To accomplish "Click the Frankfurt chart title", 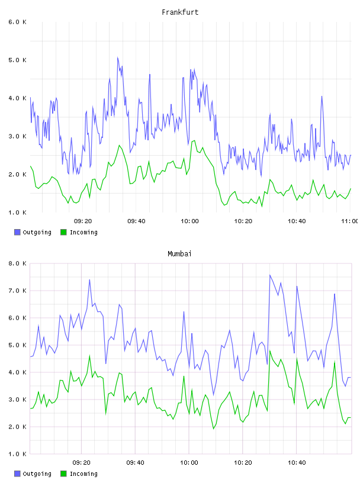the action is (180, 12).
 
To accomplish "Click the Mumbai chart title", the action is (179, 254).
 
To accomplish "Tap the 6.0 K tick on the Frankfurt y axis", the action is (17, 22).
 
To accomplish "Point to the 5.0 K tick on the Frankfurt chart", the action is (17, 60).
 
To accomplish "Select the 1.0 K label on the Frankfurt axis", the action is (17, 212).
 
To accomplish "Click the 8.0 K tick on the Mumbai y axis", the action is (17, 263).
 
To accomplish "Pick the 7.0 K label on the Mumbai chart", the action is (17, 291).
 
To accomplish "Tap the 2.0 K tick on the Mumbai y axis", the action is (17, 427).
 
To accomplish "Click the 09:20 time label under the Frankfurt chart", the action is (83, 221).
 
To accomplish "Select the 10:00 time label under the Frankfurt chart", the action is (189, 221).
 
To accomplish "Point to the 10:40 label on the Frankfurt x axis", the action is (297, 221).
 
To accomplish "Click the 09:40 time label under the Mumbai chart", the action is (136, 463).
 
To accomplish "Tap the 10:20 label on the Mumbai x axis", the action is (243, 463).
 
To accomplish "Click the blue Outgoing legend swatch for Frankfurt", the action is (17, 232).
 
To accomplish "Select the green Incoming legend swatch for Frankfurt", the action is (63, 232).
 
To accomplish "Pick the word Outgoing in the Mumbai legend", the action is (37, 474).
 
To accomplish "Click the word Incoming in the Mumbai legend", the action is (83, 474).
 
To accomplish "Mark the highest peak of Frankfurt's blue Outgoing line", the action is (117, 57).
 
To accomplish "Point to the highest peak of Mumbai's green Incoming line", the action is (270, 351).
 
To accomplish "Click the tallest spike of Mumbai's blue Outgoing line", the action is (269, 275).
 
